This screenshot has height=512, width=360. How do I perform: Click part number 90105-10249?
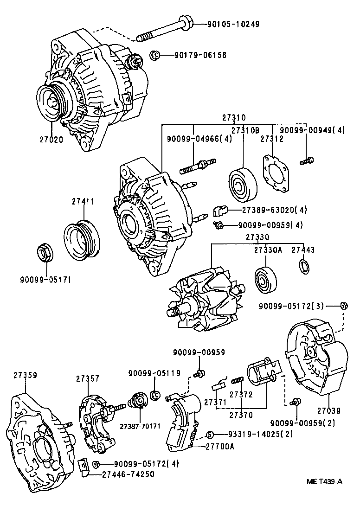coord(233,24)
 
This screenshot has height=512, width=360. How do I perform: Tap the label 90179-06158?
coord(200,55)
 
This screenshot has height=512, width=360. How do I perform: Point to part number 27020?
coord(51,140)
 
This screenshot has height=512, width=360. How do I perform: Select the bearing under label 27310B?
coord(243,185)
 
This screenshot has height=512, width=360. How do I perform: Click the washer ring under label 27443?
coord(305,266)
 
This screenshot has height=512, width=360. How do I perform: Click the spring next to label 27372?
coord(238,381)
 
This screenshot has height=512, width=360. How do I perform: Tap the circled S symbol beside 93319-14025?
coord(210,434)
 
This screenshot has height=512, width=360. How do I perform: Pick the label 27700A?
coord(220,446)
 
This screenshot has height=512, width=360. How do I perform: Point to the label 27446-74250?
coord(128,474)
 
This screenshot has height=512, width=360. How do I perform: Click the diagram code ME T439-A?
coord(324,482)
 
